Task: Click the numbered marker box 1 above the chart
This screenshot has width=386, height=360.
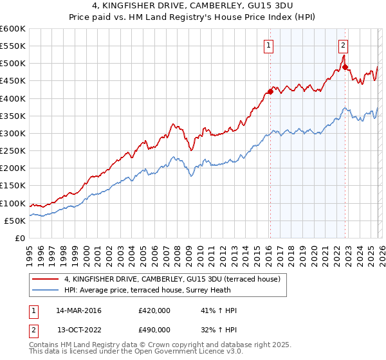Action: coord(268,45)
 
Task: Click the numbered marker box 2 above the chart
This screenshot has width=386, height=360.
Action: coord(344,45)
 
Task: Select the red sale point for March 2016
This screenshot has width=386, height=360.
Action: coord(270,91)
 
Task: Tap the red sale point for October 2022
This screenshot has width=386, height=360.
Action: coord(345,67)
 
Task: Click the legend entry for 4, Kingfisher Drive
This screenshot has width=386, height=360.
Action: coord(172,279)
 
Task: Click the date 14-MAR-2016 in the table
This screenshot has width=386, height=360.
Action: coord(79,310)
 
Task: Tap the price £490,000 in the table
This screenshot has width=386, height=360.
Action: coord(154,330)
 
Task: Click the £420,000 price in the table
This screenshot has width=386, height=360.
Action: coord(154,310)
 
